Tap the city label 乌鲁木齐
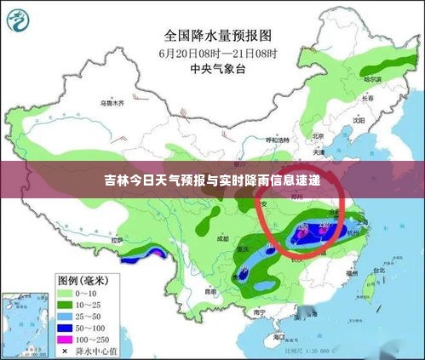(x=112, y=102)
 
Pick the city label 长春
(x=370, y=98)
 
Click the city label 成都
(x=222, y=239)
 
